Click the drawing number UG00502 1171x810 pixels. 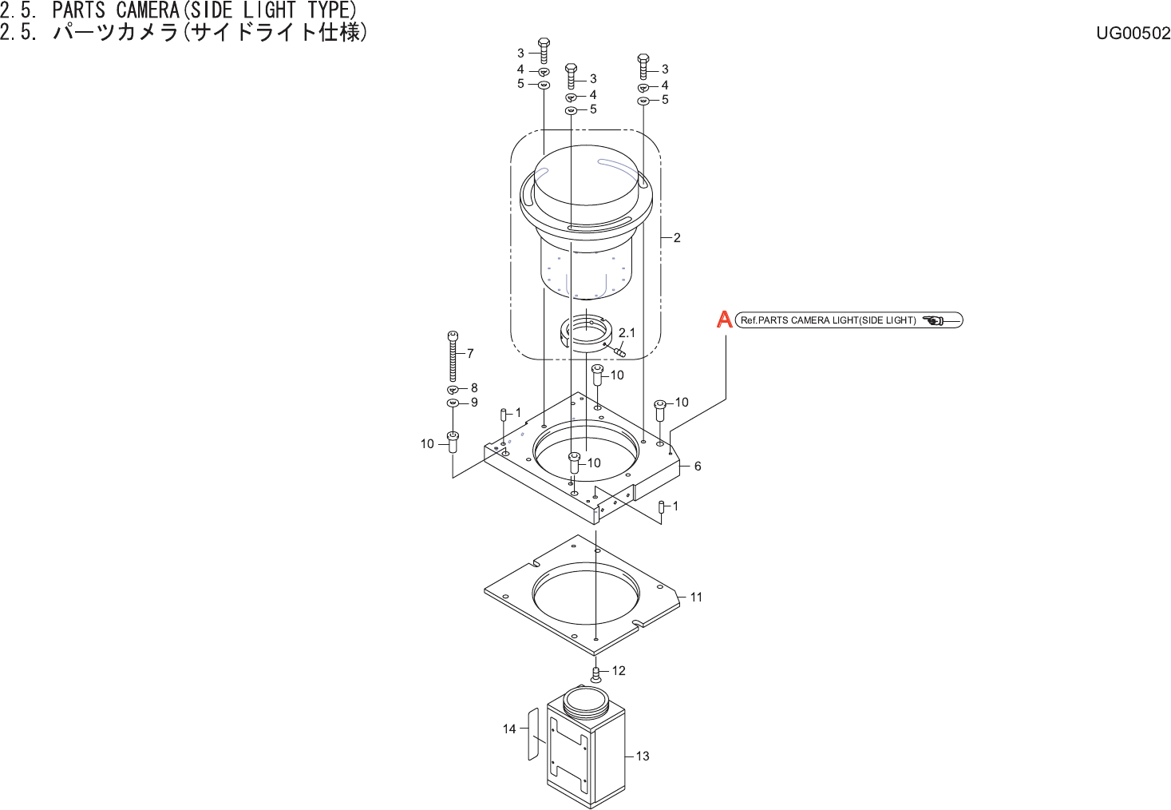[x=1133, y=33]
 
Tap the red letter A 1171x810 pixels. [x=724, y=320]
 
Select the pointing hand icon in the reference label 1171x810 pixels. [x=934, y=320]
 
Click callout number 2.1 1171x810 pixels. [x=627, y=333]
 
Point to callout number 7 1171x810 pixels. [x=470, y=354]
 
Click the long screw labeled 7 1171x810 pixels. [x=453, y=356]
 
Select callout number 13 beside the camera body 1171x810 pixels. [x=643, y=756]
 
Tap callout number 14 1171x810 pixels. [x=509, y=729]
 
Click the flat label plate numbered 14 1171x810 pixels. [x=533, y=734]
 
